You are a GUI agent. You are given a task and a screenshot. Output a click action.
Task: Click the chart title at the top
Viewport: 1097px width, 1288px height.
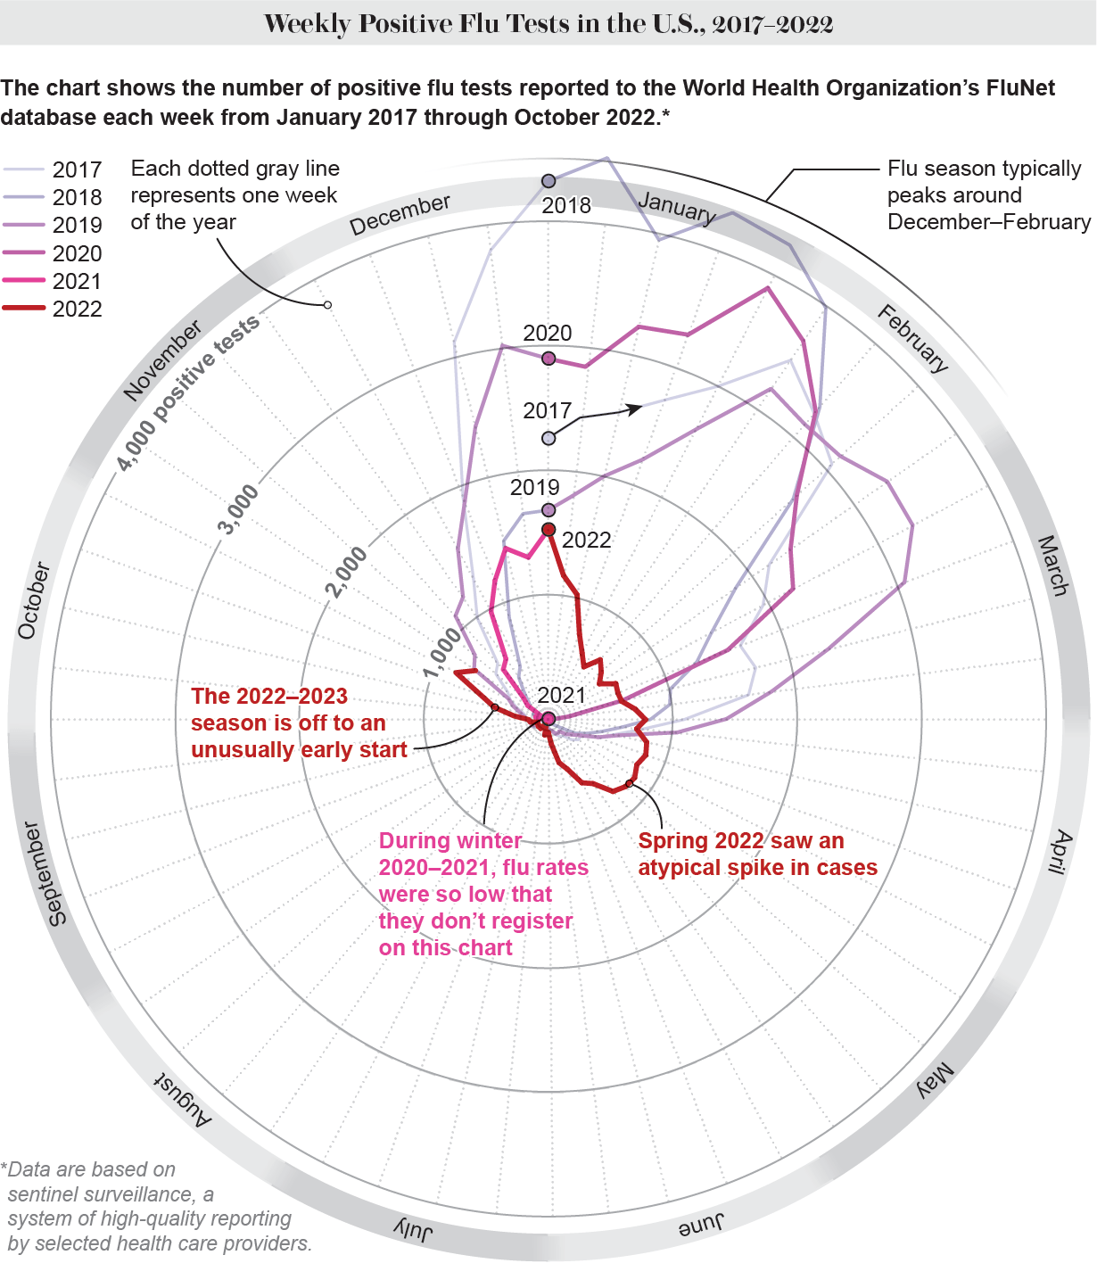(x=548, y=23)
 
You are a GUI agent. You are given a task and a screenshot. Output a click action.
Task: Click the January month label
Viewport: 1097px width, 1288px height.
(x=677, y=208)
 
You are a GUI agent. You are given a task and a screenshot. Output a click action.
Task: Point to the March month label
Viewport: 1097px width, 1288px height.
(x=1053, y=566)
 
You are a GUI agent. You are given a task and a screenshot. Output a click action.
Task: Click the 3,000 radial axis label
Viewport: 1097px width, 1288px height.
(x=239, y=509)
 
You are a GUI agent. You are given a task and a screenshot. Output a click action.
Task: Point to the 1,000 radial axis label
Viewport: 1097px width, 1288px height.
(x=442, y=652)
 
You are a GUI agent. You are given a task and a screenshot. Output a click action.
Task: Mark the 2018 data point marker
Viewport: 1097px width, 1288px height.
(x=548, y=181)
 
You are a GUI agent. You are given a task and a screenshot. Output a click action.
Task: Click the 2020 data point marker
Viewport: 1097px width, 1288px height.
(x=548, y=359)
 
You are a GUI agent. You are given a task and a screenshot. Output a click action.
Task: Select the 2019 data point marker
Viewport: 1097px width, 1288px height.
(x=548, y=510)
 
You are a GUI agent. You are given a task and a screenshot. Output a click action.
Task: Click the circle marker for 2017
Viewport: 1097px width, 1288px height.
(x=548, y=438)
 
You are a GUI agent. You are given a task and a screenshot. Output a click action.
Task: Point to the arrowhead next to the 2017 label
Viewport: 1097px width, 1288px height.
(x=635, y=409)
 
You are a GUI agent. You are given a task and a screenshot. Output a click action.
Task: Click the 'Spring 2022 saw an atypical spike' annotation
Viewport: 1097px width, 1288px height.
(x=757, y=855)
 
